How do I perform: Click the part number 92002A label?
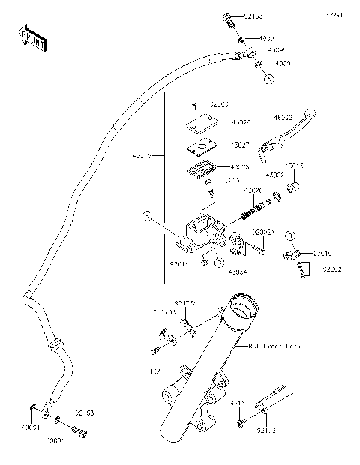[263, 233]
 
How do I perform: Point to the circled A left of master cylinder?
[148, 216]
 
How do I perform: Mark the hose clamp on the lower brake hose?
[54, 345]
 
